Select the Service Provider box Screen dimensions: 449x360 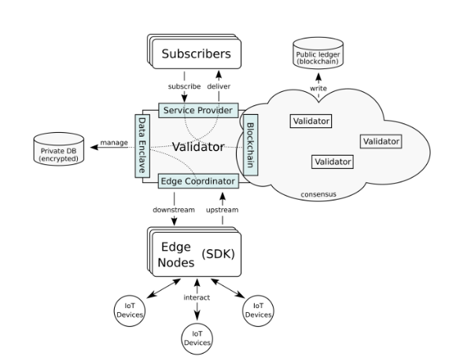coord(198,110)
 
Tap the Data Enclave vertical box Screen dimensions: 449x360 coord(142,146)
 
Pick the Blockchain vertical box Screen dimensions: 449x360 coord(250,145)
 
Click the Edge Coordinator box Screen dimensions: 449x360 coord(198,181)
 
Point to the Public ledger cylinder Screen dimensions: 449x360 coord(318,53)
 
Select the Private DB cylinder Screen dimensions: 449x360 coord(59,149)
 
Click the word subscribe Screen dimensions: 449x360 coord(184,86)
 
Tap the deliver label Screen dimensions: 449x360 coord(219,86)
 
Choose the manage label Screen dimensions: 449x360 coord(114,142)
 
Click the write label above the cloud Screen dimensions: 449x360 coord(318,88)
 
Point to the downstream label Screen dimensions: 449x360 coord(174,210)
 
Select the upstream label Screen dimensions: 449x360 coord(223,210)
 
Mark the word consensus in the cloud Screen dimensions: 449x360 coord(318,194)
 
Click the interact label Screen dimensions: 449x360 coord(197,298)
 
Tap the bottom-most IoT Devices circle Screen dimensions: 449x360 coord(197,339)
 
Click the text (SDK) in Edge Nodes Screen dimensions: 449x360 coord(218,254)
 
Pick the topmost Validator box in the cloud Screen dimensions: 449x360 coord(311,121)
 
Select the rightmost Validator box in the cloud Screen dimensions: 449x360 coord(381,141)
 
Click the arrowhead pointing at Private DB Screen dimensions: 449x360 coord(94,147)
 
